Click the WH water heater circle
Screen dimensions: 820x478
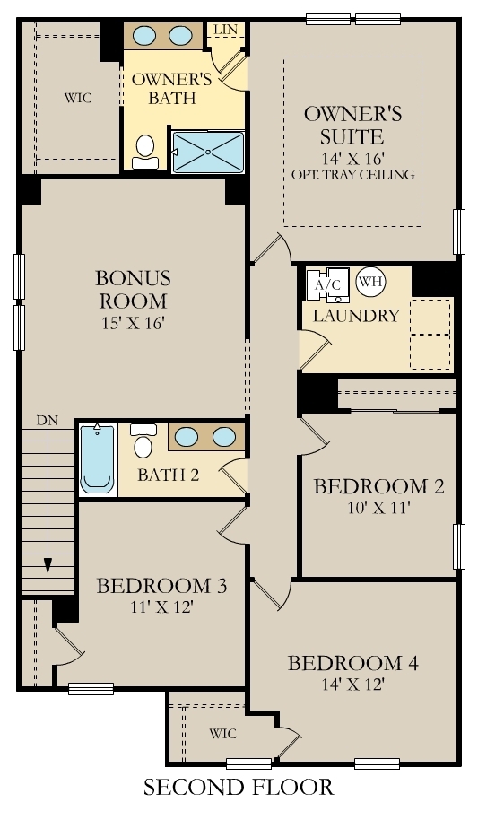coord(369,282)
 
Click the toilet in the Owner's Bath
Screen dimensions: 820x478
coord(145,152)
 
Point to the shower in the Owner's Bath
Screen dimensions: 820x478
coord(207,151)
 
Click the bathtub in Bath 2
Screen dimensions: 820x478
coord(97,459)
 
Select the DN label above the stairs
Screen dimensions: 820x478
coord(48,420)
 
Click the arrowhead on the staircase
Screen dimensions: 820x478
coord(48,564)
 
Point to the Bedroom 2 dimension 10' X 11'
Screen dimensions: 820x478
coord(378,508)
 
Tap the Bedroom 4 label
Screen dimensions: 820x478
coord(352,664)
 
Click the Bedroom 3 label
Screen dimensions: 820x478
coord(161,586)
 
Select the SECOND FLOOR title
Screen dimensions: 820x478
coord(239,788)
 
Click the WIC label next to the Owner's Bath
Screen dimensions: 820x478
coord(77,97)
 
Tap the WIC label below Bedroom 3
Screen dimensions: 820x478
coord(222,734)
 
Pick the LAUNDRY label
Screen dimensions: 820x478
coord(355,316)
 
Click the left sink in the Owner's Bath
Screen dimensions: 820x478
coord(145,36)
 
